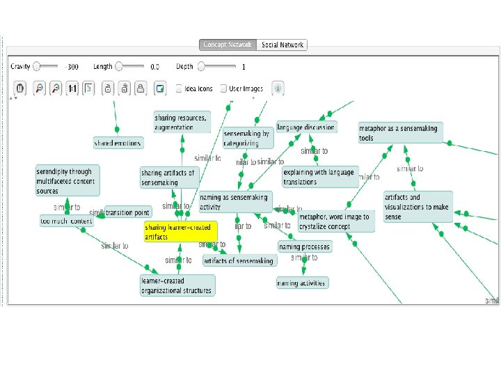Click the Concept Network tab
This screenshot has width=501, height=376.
[x=228, y=45]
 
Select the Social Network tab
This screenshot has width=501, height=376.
[x=283, y=45]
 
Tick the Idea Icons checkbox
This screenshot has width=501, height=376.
[x=180, y=88]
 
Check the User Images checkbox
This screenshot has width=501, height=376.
[x=224, y=88]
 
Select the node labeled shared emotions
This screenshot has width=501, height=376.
[x=118, y=143]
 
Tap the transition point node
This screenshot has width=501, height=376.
[x=127, y=212]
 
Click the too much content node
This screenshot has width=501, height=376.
[x=67, y=221]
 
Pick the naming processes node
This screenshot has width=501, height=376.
[x=305, y=246]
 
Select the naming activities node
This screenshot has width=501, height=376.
[x=301, y=283]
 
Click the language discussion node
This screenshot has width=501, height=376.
[x=306, y=127]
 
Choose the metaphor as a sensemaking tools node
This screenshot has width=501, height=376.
[x=400, y=133]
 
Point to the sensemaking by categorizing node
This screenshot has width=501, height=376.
[x=246, y=139]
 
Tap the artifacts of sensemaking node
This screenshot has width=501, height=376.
[x=239, y=260]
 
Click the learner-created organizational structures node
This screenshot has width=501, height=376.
[x=177, y=285]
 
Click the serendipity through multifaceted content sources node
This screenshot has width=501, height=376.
[x=68, y=180]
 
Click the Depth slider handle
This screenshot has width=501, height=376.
[x=201, y=67]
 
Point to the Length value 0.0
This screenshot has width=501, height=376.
[x=154, y=68]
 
